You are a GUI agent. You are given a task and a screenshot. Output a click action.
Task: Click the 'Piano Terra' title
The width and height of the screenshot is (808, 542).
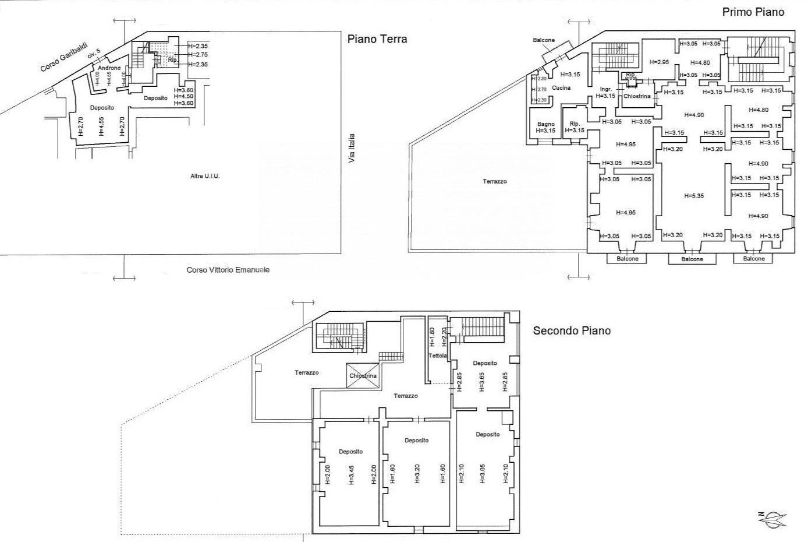pos(377,40)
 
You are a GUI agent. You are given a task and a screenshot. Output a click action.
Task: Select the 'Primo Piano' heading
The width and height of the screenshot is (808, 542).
pos(753,12)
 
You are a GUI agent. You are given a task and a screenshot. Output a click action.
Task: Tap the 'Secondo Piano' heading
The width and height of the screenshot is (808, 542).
pos(572,331)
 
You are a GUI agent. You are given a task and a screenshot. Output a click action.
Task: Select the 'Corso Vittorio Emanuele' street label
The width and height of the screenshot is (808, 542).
pos(228,270)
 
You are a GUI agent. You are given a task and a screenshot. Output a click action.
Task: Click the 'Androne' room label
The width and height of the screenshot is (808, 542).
pos(109,68)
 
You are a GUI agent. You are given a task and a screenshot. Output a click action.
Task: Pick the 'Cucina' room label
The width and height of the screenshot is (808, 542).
pos(561,88)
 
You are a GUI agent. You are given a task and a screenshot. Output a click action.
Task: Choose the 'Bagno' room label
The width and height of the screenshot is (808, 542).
pos(545,124)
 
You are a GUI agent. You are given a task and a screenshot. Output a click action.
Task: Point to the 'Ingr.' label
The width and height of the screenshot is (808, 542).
pos(605,89)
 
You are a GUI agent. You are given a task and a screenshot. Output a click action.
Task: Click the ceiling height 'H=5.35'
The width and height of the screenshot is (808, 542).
pos(694,196)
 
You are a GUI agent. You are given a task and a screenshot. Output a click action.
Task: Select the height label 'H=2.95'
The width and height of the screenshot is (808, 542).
pos(659,62)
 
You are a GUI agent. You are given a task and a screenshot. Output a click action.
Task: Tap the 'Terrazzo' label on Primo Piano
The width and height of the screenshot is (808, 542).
pos(494,181)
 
